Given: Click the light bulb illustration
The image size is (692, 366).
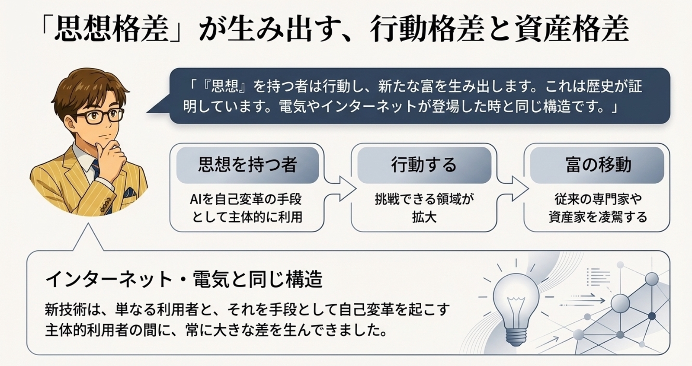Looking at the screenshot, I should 516,302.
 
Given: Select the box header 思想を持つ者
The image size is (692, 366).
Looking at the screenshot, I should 247,165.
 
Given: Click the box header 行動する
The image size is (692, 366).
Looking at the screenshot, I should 424,165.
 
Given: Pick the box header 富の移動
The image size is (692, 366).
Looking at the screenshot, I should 598,165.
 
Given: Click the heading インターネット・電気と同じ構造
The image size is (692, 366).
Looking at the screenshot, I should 184,279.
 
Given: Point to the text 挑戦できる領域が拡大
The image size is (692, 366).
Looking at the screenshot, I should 424,208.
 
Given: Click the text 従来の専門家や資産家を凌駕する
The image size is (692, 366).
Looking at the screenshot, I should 598,208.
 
